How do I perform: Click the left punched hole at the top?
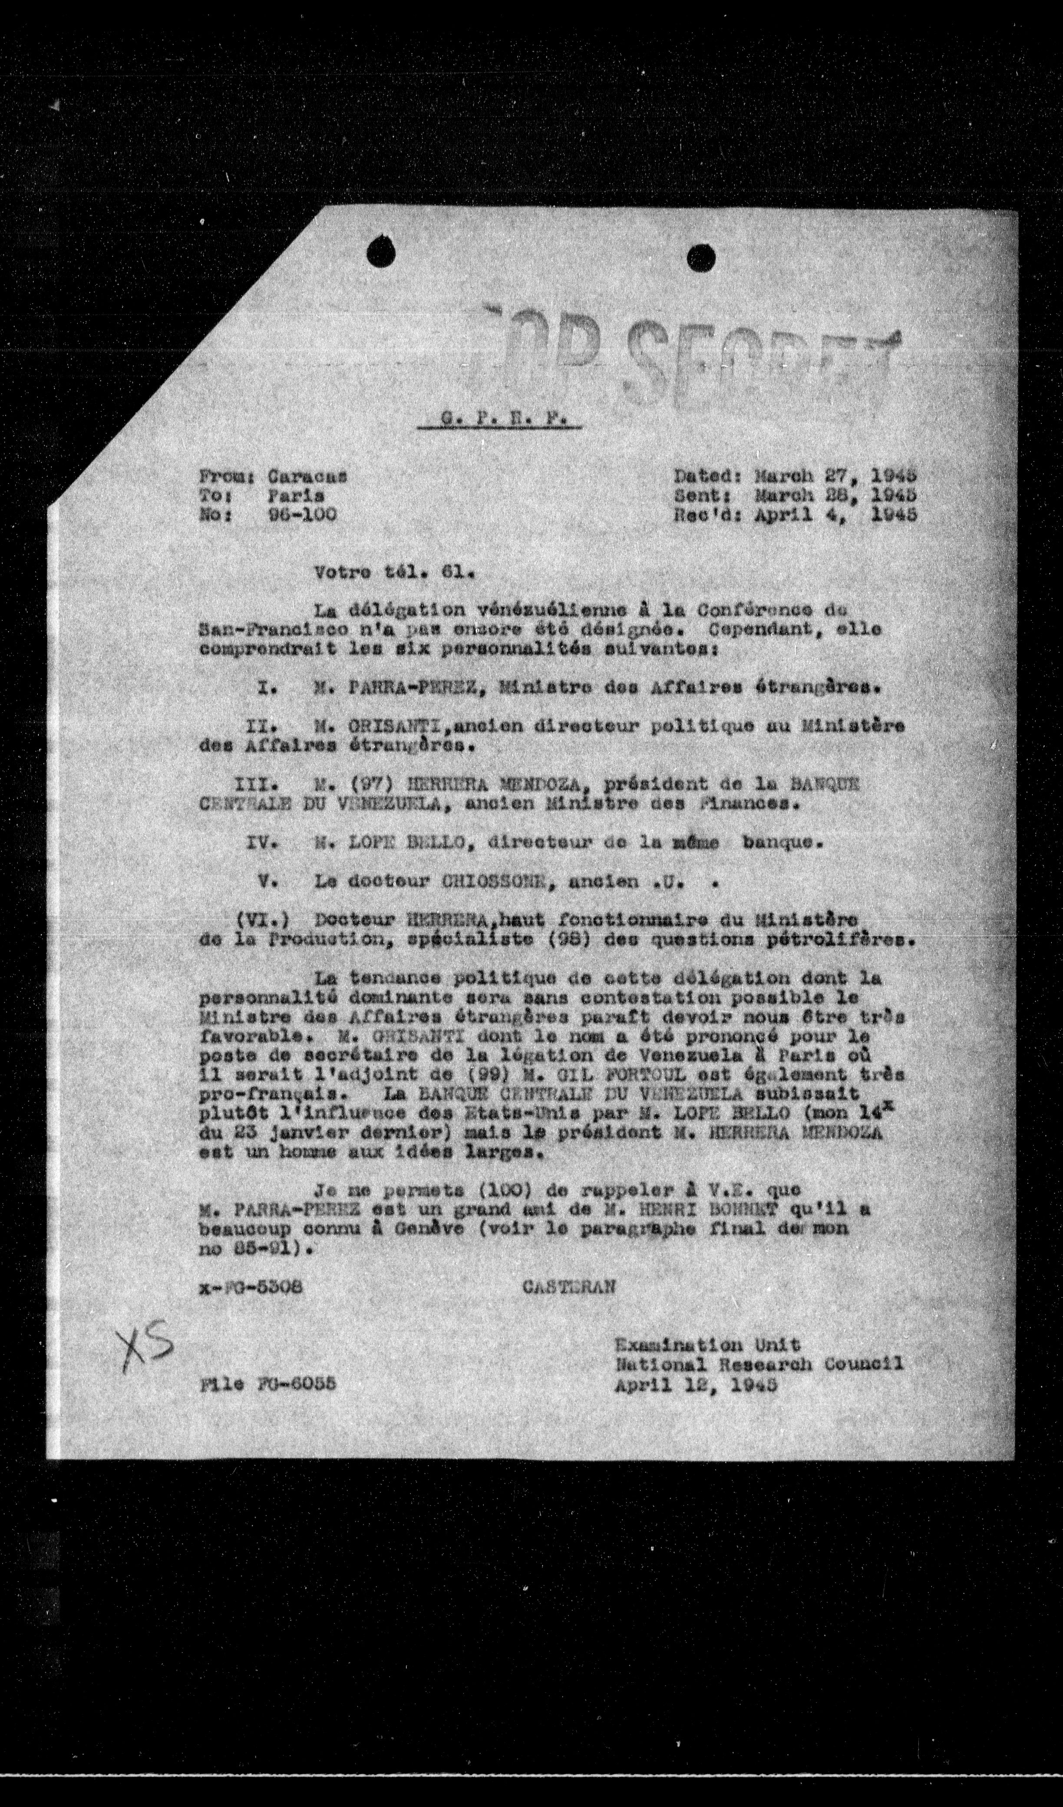381,252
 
